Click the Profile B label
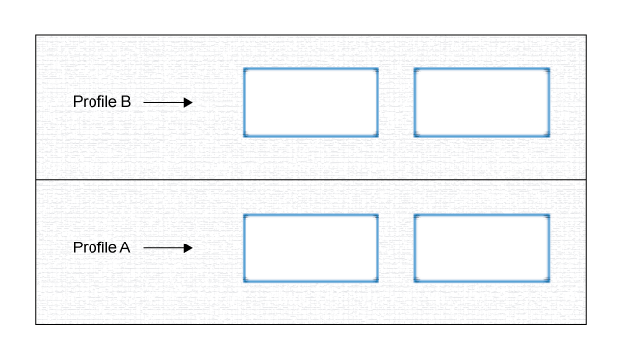pyautogui.click(x=101, y=102)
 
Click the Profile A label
pyautogui.click(x=101, y=247)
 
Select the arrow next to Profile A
pyautogui.click(x=168, y=247)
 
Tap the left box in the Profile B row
pyautogui.click(x=310, y=102)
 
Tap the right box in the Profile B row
pyautogui.click(x=481, y=102)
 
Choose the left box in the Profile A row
pyautogui.click(x=310, y=247)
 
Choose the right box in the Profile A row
pyautogui.click(x=481, y=247)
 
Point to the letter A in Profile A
pyautogui.click(x=124, y=247)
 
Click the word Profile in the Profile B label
pyautogui.click(x=93, y=102)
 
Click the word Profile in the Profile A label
pyautogui.click(x=93, y=247)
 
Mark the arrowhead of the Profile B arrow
pyautogui.click(x=188, y=102)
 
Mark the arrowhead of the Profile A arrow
pyautogui.click(x=188, y=247)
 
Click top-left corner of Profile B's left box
pyautogui.click(x=245, y=69)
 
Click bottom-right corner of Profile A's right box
pyautogui.click(x=548, y=280)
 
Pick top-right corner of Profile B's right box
pyautogui.click(x=548, y=69)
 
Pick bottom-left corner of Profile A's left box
pyautogui.click(x=245, y=280)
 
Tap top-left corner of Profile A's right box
pyautogui.click(x=415, y=215)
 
